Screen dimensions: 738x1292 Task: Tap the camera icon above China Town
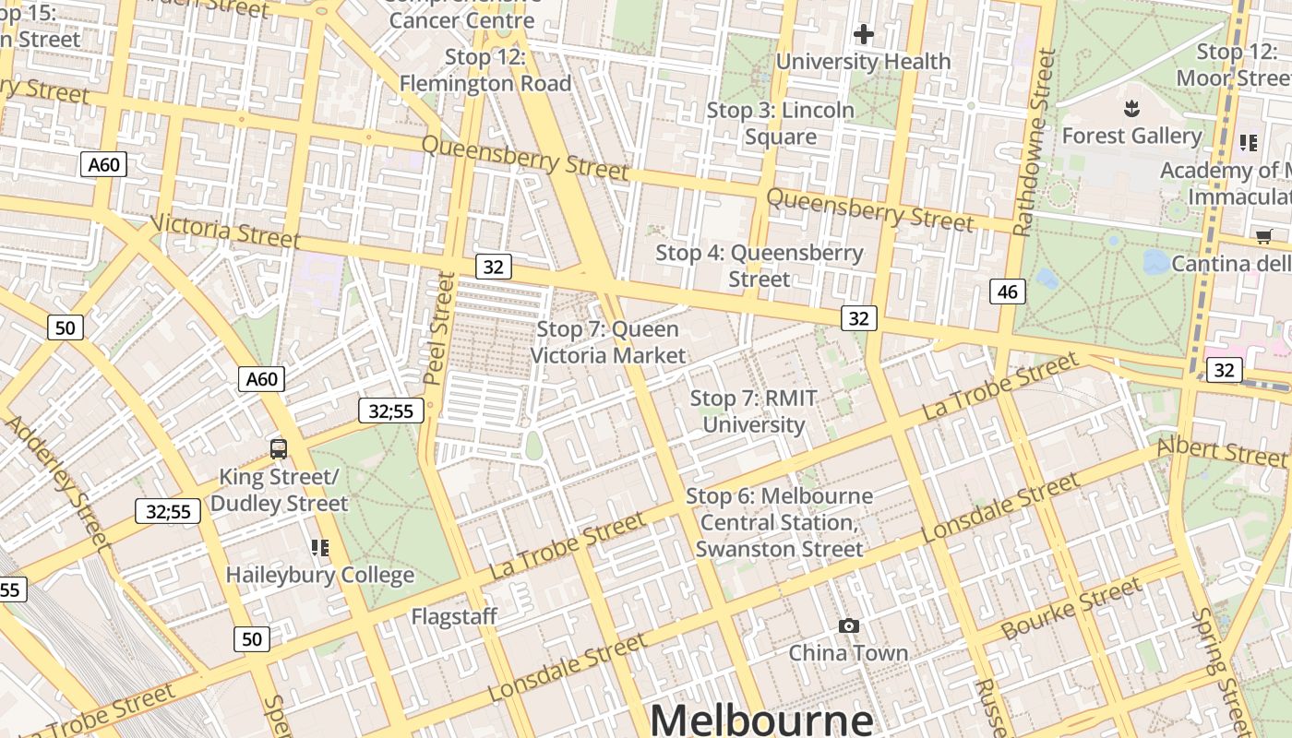point(848,626)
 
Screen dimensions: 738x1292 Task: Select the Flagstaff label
point(454,616)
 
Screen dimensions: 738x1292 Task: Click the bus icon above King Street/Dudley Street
point(279,449)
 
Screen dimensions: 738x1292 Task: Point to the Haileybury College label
point(320,575)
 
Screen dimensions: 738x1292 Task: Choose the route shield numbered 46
point(1007,292)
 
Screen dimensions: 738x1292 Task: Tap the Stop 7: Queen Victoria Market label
point(608,342)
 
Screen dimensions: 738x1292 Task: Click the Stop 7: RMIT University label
point(754,411)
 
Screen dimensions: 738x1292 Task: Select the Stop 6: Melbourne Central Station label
point(779,522)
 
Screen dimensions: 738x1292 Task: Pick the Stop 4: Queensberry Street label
point(760,266)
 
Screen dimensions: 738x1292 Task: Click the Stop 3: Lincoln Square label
point(781,124)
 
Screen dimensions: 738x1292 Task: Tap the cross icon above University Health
point(863,35)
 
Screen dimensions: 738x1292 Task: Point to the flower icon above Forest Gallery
point(1131,110)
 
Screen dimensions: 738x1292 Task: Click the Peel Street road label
point(440,327)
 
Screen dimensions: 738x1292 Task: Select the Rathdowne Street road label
point(1034,143)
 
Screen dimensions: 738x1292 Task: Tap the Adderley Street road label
point(57,484)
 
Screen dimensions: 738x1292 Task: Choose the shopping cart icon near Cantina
point(1263,237)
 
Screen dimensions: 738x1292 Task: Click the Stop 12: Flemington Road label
point(485,70)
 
